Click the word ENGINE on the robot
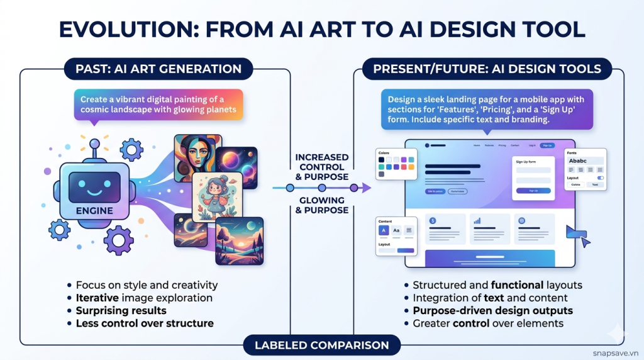(x=95, y=210)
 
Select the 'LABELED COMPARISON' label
(x=321, y=345)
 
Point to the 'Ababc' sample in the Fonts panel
(x=578, y=161)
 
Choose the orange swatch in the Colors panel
(x=410, y=167)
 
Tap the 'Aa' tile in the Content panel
(x=396, y=231)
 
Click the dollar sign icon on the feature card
(x=433, y=221)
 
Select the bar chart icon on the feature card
(x=477, y=221)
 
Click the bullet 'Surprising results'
(x=121, y=310)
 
